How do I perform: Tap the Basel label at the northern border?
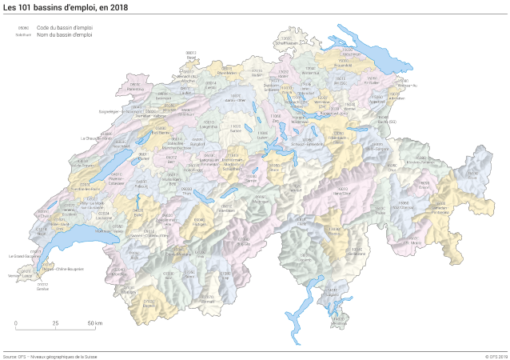pos(191,58)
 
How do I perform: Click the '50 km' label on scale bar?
pos(94,323)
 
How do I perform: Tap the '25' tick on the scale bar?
pos(55,323)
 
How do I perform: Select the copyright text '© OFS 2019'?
pos(496,356)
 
